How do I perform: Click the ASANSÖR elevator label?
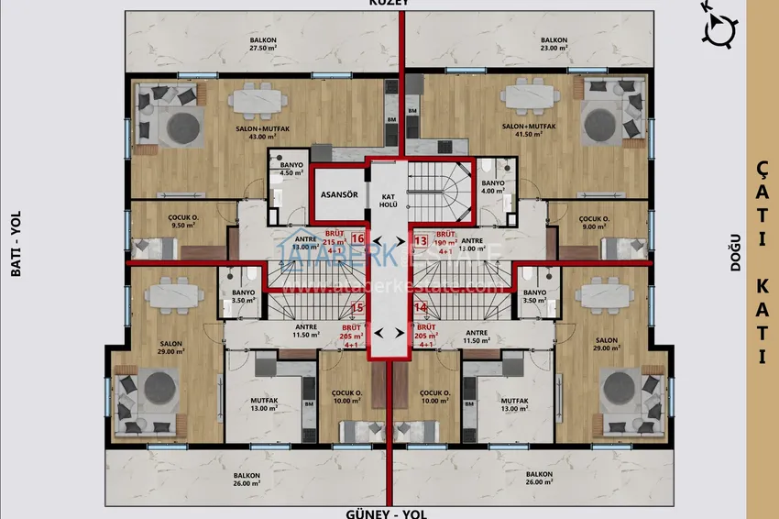(338, 194)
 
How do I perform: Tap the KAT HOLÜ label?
(388, 200)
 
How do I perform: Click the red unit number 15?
(357, 308)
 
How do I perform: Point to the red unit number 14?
(421, 308)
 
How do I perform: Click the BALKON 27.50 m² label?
(263, 45)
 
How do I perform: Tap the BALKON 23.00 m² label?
(553, 45)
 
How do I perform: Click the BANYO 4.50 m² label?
(291, 169)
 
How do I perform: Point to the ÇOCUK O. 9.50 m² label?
(159, 220)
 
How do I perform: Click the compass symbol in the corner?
(720, 28)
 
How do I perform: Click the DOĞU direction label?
(734, 258)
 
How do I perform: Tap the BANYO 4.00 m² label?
(492, 187)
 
